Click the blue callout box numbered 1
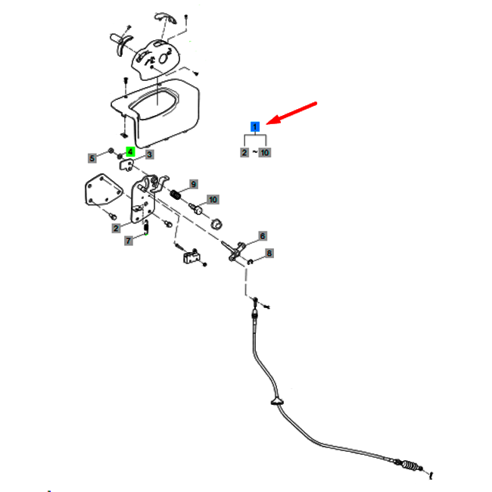(255, 126)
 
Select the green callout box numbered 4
(130, 152)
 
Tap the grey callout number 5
(92, 158)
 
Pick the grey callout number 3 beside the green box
(149, 154)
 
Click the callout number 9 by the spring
(194, 184)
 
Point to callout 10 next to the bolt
(213, 200)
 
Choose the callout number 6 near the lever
(263, 236)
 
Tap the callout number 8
(269, 254)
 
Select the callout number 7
(129, 241)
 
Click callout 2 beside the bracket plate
(116, 228)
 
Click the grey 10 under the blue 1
(264, 152)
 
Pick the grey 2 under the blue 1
(244, 152)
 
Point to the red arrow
(291, 113)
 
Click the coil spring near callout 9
(176, 195)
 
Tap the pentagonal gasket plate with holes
(104, 190)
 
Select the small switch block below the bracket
(191, 257)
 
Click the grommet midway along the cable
(277, 401)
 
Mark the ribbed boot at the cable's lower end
(410, 465)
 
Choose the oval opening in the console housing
(154, 103)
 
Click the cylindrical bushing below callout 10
(216, 224)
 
